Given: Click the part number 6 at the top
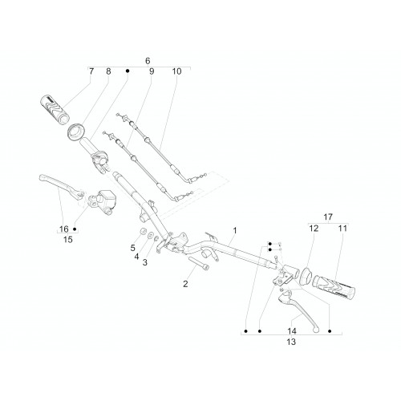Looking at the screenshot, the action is click(148, 61).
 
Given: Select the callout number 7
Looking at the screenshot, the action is click(91, 71).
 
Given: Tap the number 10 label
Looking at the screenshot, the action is click(176, 71).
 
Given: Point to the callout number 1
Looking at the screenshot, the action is click(235, 230).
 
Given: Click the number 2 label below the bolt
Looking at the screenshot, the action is click(185, 284).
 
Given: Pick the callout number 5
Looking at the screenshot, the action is click(133, 248).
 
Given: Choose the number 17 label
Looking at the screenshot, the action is click(328, 217).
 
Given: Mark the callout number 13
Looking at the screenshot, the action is click(291, 342).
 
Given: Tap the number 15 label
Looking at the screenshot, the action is click(68, 240).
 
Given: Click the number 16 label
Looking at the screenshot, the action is click(64, 229).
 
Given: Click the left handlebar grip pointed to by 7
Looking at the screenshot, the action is click(55, 109).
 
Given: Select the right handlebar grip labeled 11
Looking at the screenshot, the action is click(334, 287).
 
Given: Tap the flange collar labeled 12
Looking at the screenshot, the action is click(305, 276).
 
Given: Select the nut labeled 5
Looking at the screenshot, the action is click(144, 231).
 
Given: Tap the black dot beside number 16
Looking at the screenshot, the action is click(75, 229).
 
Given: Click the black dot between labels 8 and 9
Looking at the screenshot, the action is click(128, 71).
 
